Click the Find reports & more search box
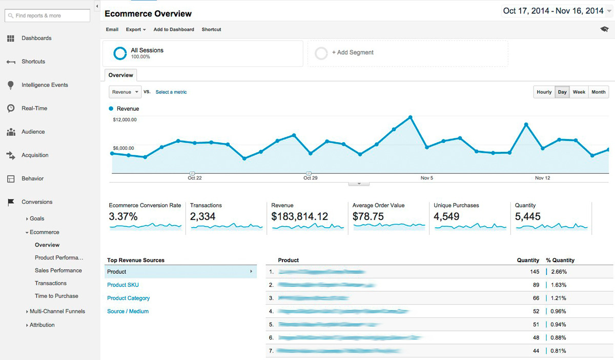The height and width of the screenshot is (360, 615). point(47,16)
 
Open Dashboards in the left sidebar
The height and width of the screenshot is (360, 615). point(36,38)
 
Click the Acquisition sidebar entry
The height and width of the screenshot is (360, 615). point(35,155)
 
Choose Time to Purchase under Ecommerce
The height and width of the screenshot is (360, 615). point(56,296)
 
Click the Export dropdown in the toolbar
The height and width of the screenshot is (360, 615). point(136,30)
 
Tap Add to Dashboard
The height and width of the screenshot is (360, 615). point(174,30)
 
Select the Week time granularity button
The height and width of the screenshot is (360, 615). point(579,92)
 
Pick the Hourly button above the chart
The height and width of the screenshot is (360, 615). point(544,92)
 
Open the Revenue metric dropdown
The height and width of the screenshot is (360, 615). point(125,92)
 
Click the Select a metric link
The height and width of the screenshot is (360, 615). point(171,92)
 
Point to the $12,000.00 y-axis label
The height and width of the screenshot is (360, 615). point(125,120)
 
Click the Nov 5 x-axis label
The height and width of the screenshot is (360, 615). point(426,178)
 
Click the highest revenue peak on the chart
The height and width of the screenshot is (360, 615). point(411,117)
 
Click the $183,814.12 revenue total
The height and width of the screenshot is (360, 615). point(299,217)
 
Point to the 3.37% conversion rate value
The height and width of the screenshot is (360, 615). point(124,217)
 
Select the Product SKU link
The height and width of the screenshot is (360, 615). point(123,285)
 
